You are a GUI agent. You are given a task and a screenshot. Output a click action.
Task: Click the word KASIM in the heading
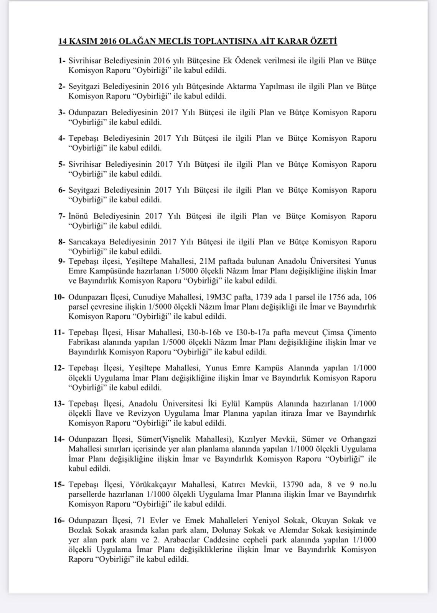point(82,41)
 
